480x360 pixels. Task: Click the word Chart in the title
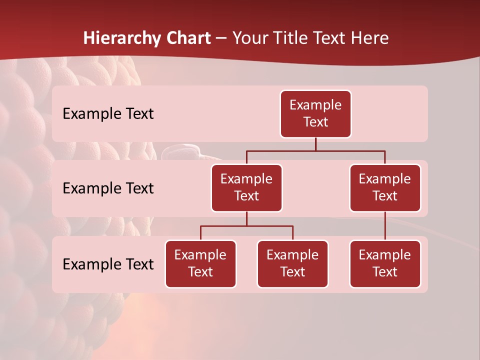coord(187,38)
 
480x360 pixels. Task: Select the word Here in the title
coord(370,38)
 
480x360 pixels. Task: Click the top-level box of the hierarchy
coord(315,114)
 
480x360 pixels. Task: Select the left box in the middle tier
coord(246,188)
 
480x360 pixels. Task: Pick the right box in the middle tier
coord(385,188)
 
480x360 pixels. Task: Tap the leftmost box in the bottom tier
coord(200,264)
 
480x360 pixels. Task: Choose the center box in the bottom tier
coord(292,264)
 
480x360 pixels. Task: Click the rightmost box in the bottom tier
coord(385,264)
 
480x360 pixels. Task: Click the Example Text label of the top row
coord(108,114)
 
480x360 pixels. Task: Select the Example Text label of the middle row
coord(108,188)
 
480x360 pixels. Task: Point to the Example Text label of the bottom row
coord(108,264)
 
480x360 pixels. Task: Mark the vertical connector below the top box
coord(315,144)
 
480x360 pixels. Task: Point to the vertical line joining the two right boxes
coord(385,226)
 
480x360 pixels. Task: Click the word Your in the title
coord(249,38)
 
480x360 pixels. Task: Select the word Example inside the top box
coord(315,105)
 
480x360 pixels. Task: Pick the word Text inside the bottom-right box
coord(385,272)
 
